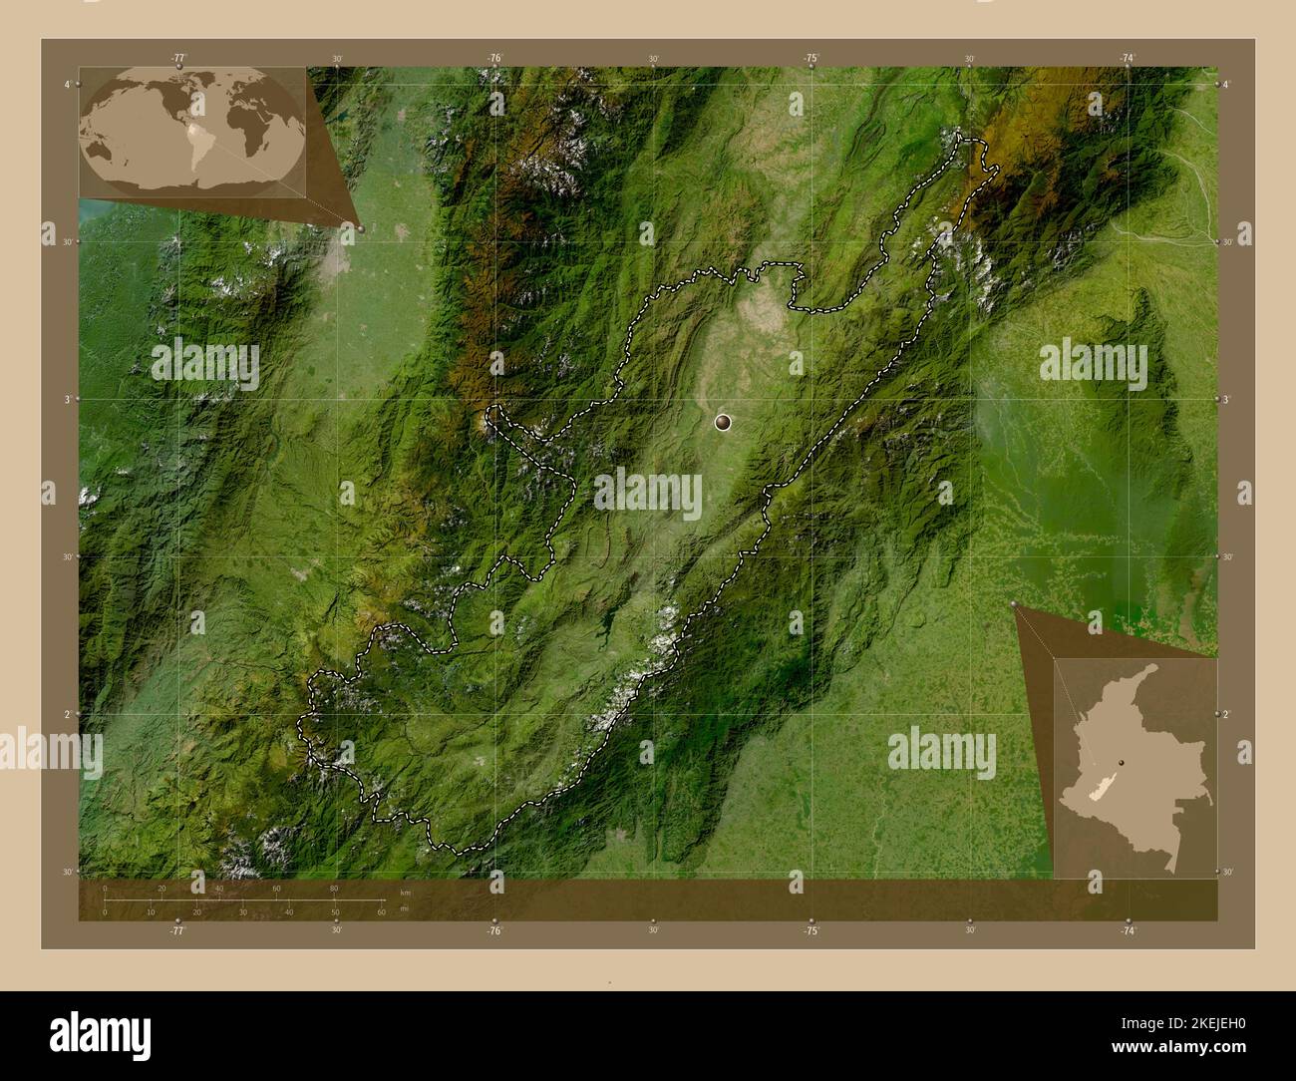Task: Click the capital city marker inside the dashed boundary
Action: (x=723, y=422)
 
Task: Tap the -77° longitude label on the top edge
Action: (x=178, y=58)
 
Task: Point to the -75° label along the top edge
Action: (x=811, y=58)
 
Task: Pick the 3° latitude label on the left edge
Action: (x=66, y=399)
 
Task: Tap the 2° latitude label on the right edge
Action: (x=1228, y=714)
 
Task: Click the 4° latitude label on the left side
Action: (x=66, y=84)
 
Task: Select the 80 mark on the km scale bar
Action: (x=334, y=888)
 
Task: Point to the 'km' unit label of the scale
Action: (x=405, y=892)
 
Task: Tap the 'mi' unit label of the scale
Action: (x=405, y=909)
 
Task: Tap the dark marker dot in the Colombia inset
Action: (x=1122, y=762)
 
